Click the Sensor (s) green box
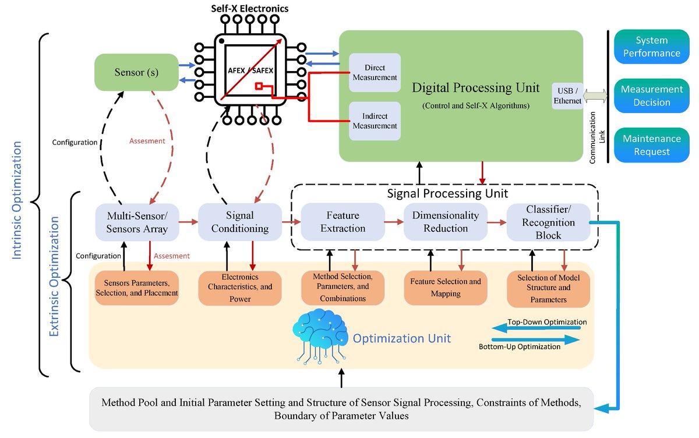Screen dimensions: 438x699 pyautogui.click(x=136, y=73)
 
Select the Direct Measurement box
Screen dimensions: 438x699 pyautogui.click(x=375, y=72)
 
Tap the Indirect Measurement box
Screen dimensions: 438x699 pyautogui.click(x=375, y=121)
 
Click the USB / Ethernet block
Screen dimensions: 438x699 pyautogui.click(x=568, y=96)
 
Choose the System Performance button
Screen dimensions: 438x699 pyautogui.click(x=650, y=47)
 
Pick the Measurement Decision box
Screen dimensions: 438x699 pyautogui.click(x=650, y=96)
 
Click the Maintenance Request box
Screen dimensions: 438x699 pyautogui.click(x=650, y=145)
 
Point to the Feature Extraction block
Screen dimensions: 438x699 pyautogui.click(x=343, y=222)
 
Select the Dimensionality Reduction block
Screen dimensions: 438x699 pyautogui.click(x=445, y=222)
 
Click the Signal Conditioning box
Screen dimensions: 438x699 pyautogui.click(x=240, y=222)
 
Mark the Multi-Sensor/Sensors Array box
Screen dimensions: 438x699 pyautogui.click(x=137, y=222)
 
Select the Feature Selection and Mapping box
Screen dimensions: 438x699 pyautogui.click(x=446, y=288)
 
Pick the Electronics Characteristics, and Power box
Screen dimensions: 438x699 pyautogui.click(x=239, y=288)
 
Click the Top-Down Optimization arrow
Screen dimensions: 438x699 pyautogui.click(x=536, y=329)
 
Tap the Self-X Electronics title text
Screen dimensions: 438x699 pyautogui.click(x=249, y=9)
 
